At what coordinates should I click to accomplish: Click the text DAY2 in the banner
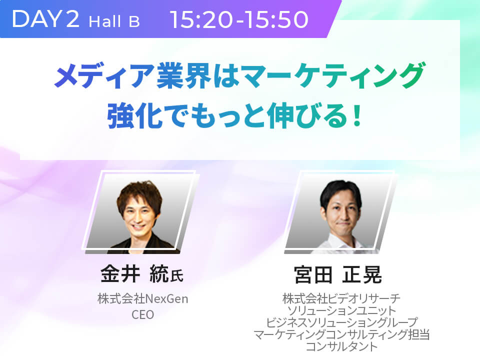pos(45,19)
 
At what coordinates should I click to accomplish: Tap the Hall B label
pos(114,21)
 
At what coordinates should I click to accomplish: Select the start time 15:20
pos(203,19)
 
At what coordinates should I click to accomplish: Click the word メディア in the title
pos(104,75)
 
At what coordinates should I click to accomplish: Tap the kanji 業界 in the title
pos(183,75)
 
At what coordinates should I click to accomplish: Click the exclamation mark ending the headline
pos(356,115)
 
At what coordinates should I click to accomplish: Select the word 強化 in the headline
pos(134,115)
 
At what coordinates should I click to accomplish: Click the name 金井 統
pos(134,274)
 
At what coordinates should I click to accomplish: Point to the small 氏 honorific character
pos(177,276)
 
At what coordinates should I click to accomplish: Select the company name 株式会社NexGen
pos(142,298)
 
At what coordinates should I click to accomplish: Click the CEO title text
pos(142,314)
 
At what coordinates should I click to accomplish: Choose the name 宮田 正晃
pos(337,274)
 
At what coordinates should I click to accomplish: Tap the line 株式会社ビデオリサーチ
pos(341,298)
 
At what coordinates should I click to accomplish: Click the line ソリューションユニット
pos(341,310)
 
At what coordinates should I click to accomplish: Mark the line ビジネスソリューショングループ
pos(341,322)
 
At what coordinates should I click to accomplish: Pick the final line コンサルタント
pos(341,346)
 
